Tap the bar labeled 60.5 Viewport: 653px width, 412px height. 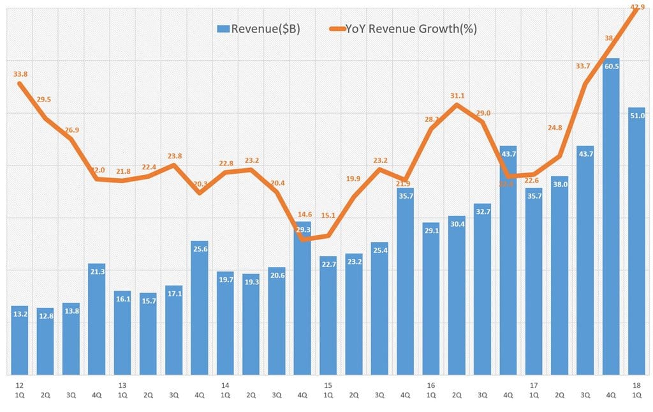point(611,217)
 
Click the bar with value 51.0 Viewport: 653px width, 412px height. point(636,243)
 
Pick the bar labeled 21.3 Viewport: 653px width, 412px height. point(96,319)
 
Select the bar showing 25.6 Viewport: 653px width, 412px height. point(200,307)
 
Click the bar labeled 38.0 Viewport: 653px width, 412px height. point(559,275)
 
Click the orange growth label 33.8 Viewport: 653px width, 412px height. point(20,73)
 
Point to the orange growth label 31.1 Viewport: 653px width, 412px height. point(457,96)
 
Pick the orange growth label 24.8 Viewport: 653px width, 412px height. point(554,128)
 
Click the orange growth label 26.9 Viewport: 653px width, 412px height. point(71,130)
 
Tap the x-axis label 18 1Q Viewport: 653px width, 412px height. point(636,390)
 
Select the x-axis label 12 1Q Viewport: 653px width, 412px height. point(19,390)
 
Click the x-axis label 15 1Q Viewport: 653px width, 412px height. point(328,390)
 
